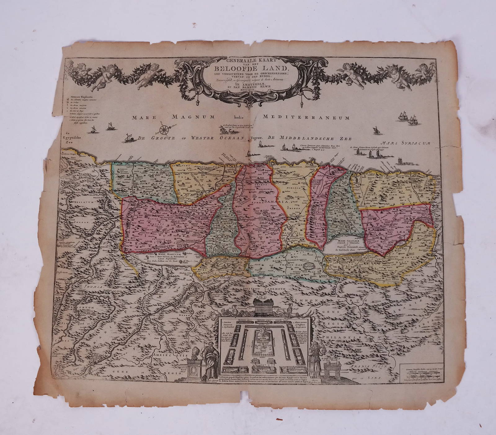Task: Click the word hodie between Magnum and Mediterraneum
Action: click(x=239, y=118)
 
